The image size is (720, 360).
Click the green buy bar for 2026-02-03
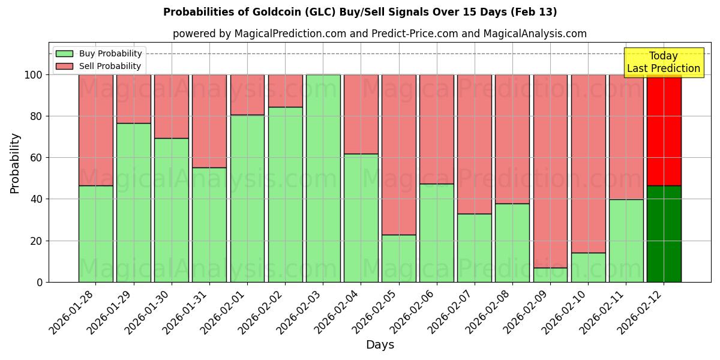click(x=323, y=178)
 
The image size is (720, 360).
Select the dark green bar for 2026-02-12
click(x=664, y=234)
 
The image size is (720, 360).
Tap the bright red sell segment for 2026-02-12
click(x=664, y=130)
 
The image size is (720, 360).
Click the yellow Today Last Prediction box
click(x=663, y=62)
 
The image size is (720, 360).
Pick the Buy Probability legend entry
click(x=98, y=53)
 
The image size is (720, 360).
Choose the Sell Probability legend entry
click(x=98, y=66)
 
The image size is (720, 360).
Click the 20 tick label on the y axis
click(x=37, y=241)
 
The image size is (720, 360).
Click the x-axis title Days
click(x=380, y=345)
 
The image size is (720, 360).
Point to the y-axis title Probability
click(x=15, y=163)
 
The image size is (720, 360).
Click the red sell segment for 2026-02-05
click(x=398, y=155)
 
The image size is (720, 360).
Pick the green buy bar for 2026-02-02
click(x=285, y=194)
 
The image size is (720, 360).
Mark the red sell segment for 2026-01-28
click(x=95, y=130)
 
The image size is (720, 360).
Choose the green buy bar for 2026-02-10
click(x=588, y=268)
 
